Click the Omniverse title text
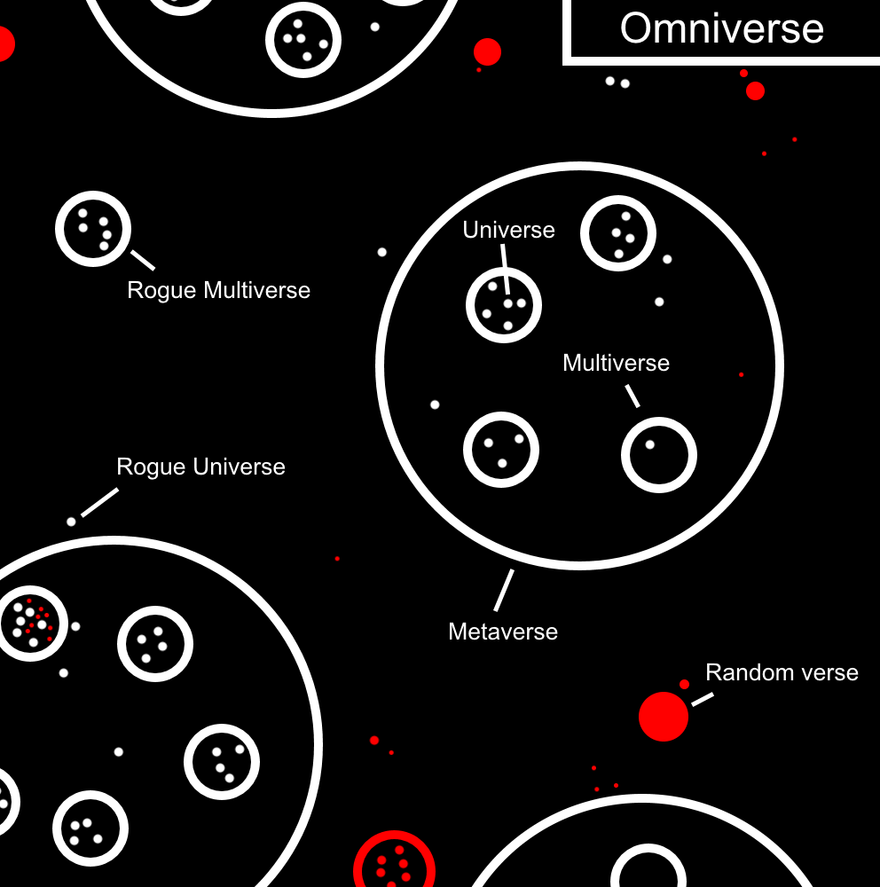721,28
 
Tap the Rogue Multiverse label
219,290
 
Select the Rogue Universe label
201,467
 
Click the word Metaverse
503,632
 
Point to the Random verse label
782,672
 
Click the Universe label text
508,230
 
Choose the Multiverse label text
616,363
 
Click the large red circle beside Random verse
664,716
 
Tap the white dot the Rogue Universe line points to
71,522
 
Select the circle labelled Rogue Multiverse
93,228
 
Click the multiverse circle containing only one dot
659,455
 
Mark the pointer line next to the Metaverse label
504,590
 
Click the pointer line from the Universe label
505,267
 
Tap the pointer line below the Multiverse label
632,396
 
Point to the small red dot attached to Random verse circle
684,684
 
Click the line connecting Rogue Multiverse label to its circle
143,260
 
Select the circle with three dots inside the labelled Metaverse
501,450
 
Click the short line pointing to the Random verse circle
703,700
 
